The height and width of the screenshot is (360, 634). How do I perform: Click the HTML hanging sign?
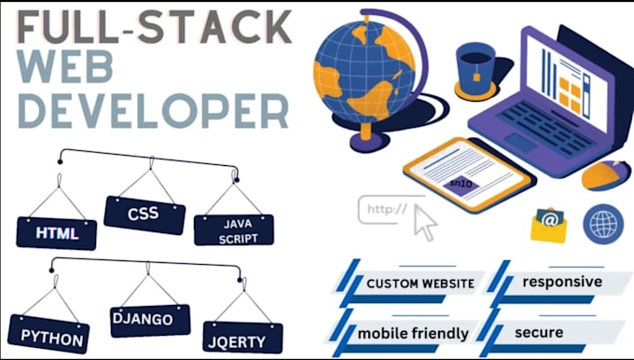click(x=57, y=233)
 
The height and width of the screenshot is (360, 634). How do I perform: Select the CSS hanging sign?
click(x=145, y=215)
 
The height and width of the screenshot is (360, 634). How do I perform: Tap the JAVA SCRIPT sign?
click(x=234, y=229)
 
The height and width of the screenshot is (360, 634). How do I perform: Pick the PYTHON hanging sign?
click(x=48, y=334)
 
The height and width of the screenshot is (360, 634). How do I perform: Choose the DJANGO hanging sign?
click(x=150, y=321)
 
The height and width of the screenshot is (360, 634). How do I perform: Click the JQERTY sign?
click(x=242, y=339)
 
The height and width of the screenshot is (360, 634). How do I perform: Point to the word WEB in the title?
click(x=64, y=67)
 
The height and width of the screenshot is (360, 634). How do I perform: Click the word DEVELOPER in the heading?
click(x=153, y=111)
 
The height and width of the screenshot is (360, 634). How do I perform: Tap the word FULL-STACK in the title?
click(x=154, y=27)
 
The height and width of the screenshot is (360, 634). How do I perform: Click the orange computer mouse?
click(x=606, y=174)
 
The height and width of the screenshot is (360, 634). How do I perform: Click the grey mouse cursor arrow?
click(x=424, y=222)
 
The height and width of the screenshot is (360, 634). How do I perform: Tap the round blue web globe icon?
click(x=603, y=224)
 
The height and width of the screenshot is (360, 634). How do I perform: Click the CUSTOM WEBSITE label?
click(x=420, y=284)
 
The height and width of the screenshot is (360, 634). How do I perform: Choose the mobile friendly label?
click(x=413, y=333)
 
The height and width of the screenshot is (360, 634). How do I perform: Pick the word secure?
click(x=539, y=333)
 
